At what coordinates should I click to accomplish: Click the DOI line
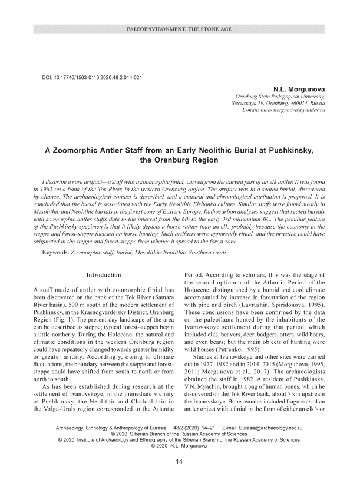tap(92, 78)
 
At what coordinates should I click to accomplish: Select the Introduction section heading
tap(104, 275)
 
